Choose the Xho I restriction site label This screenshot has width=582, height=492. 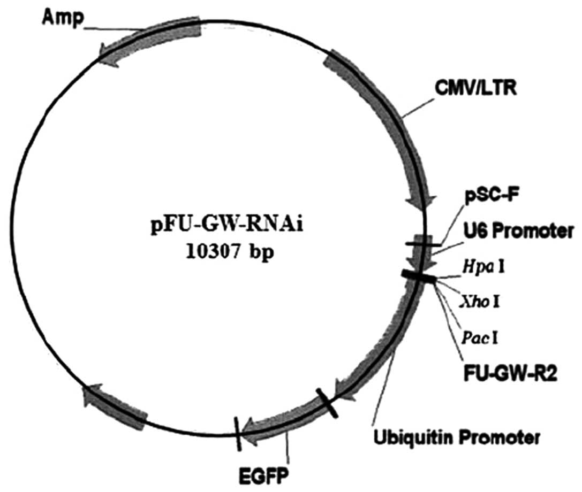point(480,303)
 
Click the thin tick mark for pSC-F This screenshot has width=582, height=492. point(423,244)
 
